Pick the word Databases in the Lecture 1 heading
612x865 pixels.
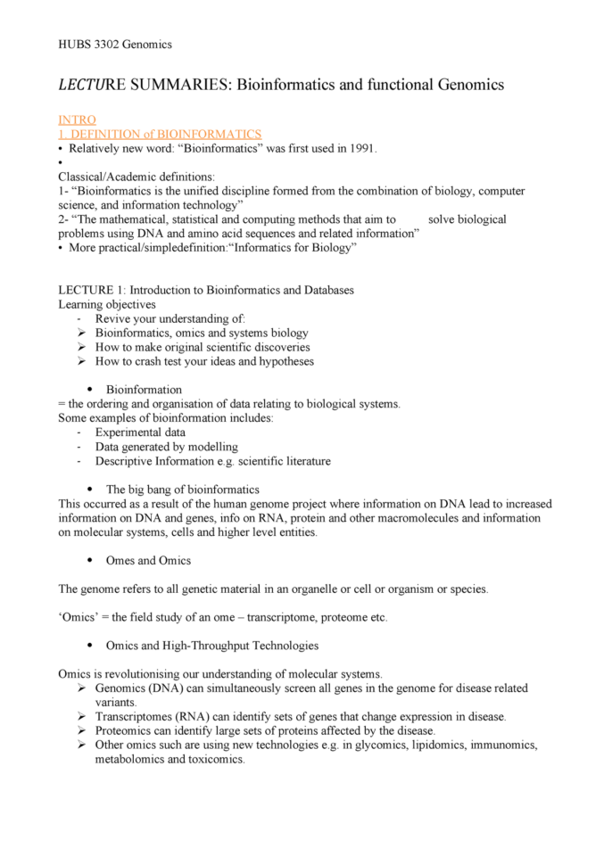coord(326,290)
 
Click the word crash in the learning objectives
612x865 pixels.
coord(166,361)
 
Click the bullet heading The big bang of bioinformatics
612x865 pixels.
coord(182,490)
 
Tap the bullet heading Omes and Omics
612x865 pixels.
coord(148,561)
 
